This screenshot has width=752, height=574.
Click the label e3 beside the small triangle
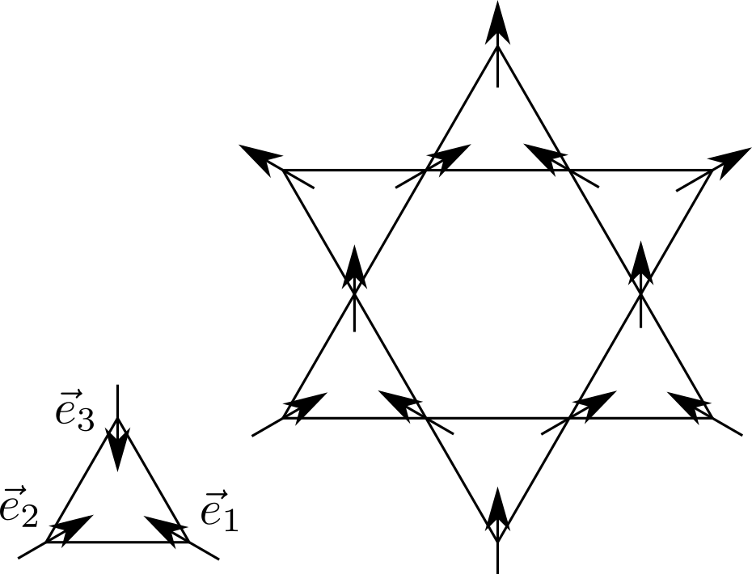(74, 414)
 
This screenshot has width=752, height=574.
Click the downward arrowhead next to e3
(118, 449)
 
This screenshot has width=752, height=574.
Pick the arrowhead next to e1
(167, 526)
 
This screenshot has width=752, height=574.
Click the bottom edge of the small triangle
(118, 542)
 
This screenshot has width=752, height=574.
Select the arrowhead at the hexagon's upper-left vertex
(451, 157)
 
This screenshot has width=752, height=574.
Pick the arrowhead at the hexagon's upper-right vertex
(543, 156)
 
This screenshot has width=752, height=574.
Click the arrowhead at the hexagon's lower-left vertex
(399, 403)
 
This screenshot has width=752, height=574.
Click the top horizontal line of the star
(497, 171)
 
